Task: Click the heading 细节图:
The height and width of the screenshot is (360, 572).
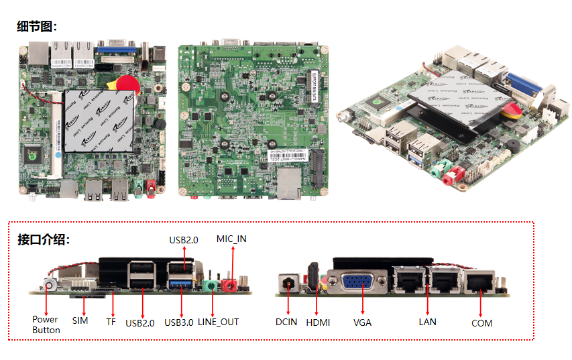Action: pyautogui.click(x=37, y=27)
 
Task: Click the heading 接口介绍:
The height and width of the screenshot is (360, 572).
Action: pyautogui.click(x=44, y=240)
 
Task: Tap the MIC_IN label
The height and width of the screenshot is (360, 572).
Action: pyautogui.click(x=231, y=239)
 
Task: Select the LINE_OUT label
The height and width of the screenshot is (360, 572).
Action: pyautogui.click(x=218, y=322)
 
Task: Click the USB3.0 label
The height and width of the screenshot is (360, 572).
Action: pyautogui.click(x=179, y=322)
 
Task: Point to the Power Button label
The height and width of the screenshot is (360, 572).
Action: pyautogui.click(x=46, y=324)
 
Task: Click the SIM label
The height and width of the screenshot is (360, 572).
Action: pyautogui.click(x=80, y=321)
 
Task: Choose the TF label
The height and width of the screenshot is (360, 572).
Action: pyautogui.click(x=111, y=321)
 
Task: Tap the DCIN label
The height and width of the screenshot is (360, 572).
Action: pyautogui.click(x=286, y=322)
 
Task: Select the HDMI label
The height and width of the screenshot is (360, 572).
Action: pyautogui.click(x=318, y=322)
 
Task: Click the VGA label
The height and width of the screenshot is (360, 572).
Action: pyautogui.click(x=362, y=322)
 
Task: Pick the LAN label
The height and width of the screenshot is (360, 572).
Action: pyautogui.click(x=427, y=322)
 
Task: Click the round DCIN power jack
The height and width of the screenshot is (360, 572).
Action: pyautogui.click(x=290, y=282)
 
